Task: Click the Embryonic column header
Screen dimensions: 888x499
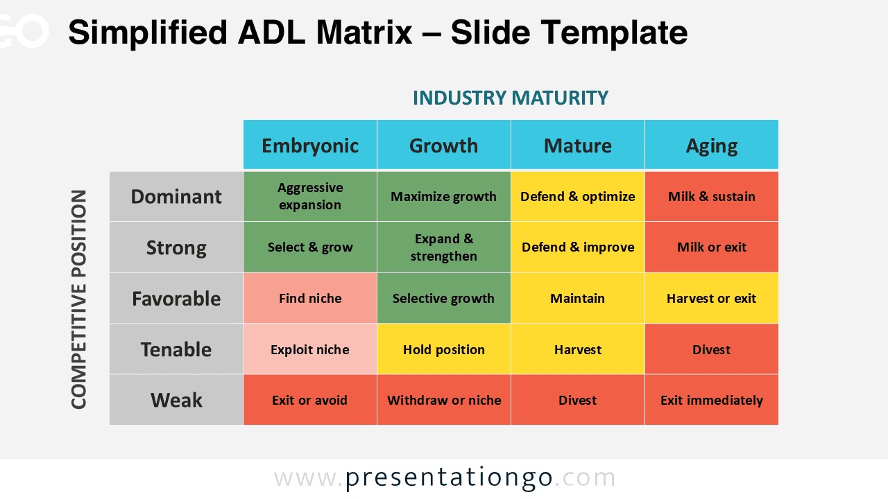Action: coord(310,145)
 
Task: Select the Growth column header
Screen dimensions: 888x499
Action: coord(444,145)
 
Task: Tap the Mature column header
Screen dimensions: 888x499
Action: coord(578,145)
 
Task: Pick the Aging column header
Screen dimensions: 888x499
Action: coord(712,145)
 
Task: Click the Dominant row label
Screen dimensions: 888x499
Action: coord(176,196)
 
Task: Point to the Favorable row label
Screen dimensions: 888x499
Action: coord(176,298)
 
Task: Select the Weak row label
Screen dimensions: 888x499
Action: coord(176,400)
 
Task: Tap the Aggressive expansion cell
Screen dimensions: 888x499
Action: coord(310,196)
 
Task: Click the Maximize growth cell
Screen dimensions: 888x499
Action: coord(444,196)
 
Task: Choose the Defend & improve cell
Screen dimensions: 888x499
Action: coord(578,247)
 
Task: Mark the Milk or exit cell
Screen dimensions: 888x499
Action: coord(712,247)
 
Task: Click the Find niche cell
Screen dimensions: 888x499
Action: coord(310,298)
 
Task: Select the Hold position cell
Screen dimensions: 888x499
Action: coord(444,349)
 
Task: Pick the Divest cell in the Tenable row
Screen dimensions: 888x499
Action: coord(712,349)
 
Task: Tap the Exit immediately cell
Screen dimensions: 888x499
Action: coord(712,400)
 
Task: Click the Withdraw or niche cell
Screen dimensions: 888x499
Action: coord(444,400)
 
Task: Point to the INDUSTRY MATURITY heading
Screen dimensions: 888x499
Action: coord(511,98)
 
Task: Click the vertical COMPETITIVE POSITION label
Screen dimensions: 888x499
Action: coord(79,299)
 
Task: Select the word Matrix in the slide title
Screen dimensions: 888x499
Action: coord(365,33)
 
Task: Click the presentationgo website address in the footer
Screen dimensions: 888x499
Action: coord(445,478)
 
